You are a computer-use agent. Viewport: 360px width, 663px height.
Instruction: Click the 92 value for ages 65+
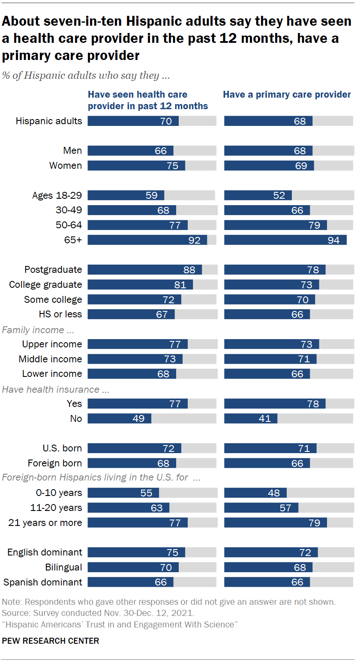(x=194, y=240)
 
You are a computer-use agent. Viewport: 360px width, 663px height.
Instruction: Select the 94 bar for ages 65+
(x=285, y=240)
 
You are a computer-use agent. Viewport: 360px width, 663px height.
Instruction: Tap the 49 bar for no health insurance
(x=120, y=418)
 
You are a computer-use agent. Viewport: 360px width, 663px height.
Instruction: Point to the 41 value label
(x=265, y=418)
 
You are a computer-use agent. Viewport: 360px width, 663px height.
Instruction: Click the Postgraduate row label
(x=53, y=270)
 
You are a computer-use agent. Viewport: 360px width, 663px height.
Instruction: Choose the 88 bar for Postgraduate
(x=144, y=270)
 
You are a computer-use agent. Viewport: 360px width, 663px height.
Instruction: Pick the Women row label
(x=66, y=166)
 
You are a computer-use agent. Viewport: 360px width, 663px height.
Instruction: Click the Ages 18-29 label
(x=57, y=196)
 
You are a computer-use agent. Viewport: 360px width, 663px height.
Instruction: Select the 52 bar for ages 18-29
(x=258, y=196)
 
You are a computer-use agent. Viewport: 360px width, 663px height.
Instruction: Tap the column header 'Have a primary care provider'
(x=287, y=95)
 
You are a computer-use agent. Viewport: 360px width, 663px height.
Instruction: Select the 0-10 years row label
(x=59, y=493)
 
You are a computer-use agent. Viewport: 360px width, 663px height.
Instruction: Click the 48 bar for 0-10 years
(x=255, y=493)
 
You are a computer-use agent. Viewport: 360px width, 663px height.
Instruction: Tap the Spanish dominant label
(x=43, y=582)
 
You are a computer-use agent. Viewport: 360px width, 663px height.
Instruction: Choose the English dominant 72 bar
(x=270, y=552)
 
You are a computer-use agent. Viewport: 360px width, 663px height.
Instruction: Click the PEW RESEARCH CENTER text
(x=51, y=641)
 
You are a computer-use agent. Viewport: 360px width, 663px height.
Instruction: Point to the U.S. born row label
(x=62, y=448)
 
